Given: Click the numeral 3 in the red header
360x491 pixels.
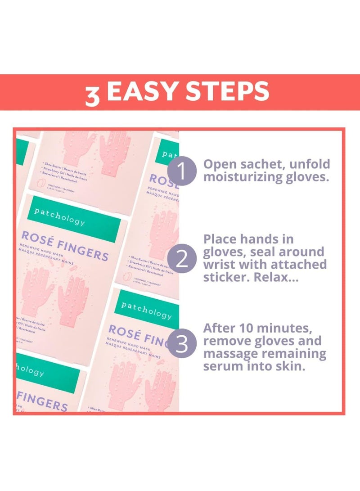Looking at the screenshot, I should click(92, 95).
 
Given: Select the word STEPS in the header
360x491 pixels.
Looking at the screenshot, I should click(228, 92).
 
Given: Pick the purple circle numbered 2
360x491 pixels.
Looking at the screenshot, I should click(182, 260).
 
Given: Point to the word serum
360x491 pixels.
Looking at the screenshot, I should click(223, 366).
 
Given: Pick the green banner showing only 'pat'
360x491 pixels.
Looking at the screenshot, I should click(166, 154).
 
